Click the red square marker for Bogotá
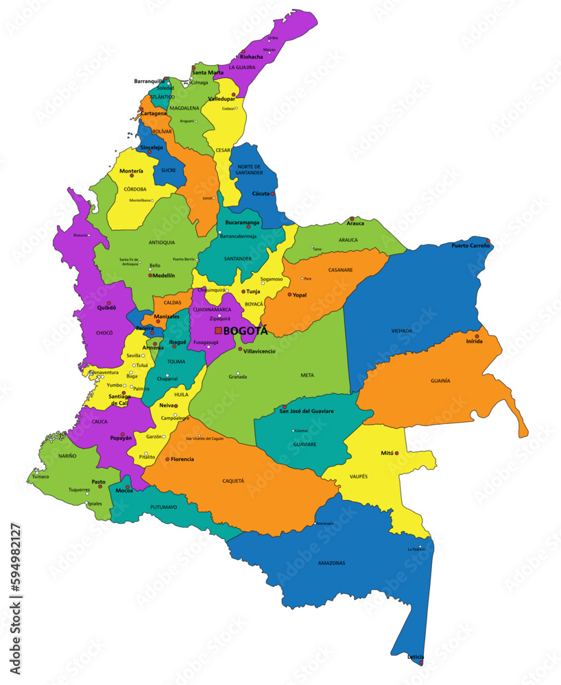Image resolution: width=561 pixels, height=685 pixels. (218, 331)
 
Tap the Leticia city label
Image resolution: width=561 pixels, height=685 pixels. (415, 657)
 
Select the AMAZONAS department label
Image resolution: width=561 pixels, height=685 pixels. (331, 563)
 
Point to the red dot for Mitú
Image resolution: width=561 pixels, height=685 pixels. (398, 452)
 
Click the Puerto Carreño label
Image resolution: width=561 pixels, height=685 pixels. (470, 245)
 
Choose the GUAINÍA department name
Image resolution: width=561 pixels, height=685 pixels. (440, 381)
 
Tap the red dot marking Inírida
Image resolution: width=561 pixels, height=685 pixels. (477, 336)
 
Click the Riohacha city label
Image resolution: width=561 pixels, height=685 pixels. (252, 57)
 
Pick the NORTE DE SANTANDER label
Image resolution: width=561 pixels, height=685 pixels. (250, 170)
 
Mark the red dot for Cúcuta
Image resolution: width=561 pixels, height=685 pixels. (272, 194)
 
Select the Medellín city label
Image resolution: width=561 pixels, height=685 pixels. (164, 275)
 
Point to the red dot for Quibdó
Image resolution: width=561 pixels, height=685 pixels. (108, 303)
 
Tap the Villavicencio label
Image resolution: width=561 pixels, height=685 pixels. (259, 351)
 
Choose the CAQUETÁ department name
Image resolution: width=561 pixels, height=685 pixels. (233, 481)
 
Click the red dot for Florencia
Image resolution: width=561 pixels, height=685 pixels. (167, 459)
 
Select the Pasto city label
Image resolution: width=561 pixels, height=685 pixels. (99, 482)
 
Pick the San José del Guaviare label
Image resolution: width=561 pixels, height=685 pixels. (307, 411)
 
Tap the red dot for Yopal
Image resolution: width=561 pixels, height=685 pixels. (289, 295)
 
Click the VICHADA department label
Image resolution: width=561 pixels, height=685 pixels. (402, 331)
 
